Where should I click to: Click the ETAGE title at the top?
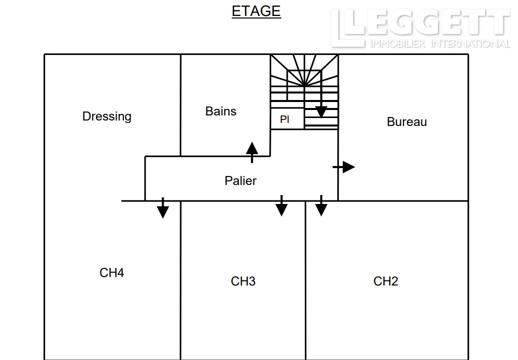click(x=256, y=11)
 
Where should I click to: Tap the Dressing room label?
click(x=107, y=116)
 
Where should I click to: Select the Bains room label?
click(x=221, y=111)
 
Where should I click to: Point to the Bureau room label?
click(x=407, y=122)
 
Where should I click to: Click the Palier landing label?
click(x=241, y=180)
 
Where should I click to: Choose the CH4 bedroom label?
click(x=112, y=273)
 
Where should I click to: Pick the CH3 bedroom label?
click(x=243, y=281)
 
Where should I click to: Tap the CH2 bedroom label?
click(x=385, y=281)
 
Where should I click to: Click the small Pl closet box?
click(x=287, y=119)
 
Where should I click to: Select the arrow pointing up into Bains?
click(x=252, y=152)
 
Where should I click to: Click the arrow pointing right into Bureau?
click(x=344, y=167)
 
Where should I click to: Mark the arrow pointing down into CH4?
click(x=163, y=208)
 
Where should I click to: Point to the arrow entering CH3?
click(x=281, y=205)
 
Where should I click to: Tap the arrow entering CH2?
click(x=321, y=205)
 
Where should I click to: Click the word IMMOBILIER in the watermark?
click(x=397, y=43)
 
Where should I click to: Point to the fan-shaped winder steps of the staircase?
click(x=304, y=70)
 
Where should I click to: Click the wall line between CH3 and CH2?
click(x=306, y=280)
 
